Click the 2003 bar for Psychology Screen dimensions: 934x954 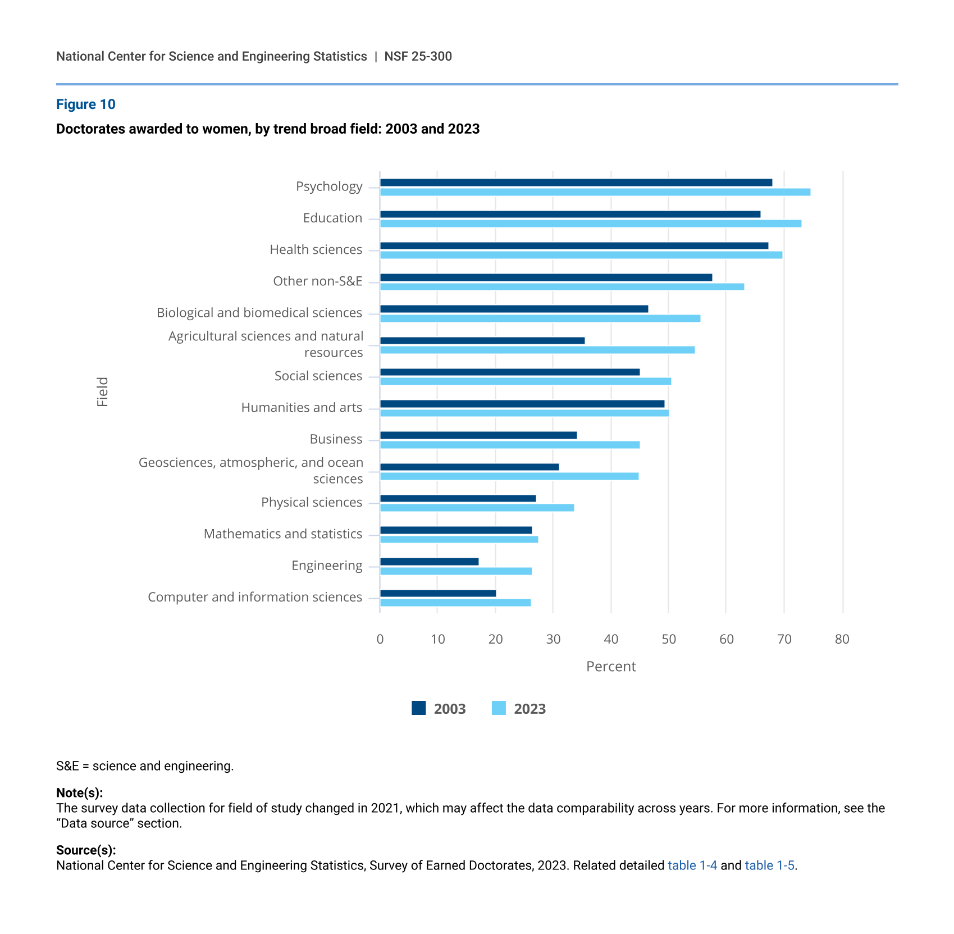576,183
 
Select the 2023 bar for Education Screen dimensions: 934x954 590,224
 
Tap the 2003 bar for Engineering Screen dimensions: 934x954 429,562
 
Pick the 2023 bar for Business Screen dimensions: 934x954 509,445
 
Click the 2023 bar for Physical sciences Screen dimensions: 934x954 477,508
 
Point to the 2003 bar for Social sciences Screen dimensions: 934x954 509,372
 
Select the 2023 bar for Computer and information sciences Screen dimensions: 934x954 455,603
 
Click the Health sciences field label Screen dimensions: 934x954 316,249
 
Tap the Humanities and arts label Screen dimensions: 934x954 302,407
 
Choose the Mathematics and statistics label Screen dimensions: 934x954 282,534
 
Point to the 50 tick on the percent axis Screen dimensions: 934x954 668,639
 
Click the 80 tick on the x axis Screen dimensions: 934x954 842,639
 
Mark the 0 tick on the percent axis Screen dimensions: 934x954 380,639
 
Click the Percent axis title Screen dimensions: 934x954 611,667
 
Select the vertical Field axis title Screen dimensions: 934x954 102,391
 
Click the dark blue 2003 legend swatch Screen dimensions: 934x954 418,708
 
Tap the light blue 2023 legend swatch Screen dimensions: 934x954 499,708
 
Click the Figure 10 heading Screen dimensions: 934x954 86,104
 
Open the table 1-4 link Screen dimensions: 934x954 692,865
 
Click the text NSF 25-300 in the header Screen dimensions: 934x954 418,56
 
